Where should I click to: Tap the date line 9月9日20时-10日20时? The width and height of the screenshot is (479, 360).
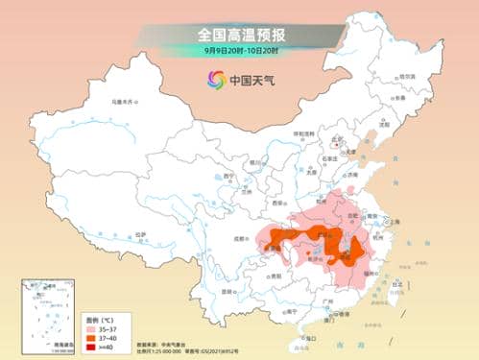pyautogui.click(x=240, y=50)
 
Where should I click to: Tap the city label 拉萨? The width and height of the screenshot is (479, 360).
pyautogui.click(x=142, y=234)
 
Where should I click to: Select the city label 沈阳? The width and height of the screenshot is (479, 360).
pyautogui.click(x=385, y=124)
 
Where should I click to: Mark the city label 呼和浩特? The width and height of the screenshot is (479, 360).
pyautogui.click(x=303, y=133)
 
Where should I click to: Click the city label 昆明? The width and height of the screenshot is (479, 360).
pyautogui.click(x=228, y=291)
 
